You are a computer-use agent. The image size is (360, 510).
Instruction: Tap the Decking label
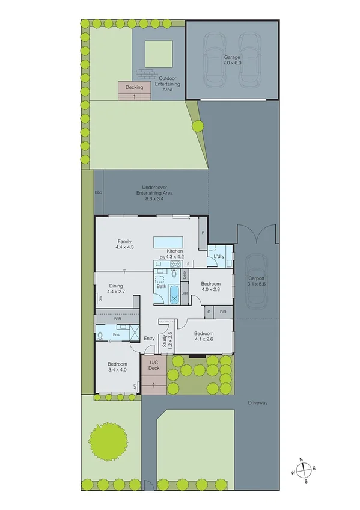(x=134, y=87)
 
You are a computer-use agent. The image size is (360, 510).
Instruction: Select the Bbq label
(x=98, y=192)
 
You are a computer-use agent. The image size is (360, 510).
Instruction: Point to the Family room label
(x=124, y=244)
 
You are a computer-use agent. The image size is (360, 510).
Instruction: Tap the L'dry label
(x=219, y=257)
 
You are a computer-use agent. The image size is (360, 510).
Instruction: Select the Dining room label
(x=116, y=289)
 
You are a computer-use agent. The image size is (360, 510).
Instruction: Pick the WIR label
(x=117, y=318)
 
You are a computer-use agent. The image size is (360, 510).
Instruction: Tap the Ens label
(x=117, y=334)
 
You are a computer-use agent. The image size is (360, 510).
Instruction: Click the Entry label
(x=149, y=339)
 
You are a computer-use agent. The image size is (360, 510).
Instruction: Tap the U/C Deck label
(x=154, y=365)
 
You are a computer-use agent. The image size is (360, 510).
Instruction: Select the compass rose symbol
(x=305, y=470)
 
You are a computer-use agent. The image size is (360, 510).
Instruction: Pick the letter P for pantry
(x=203, y=233)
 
